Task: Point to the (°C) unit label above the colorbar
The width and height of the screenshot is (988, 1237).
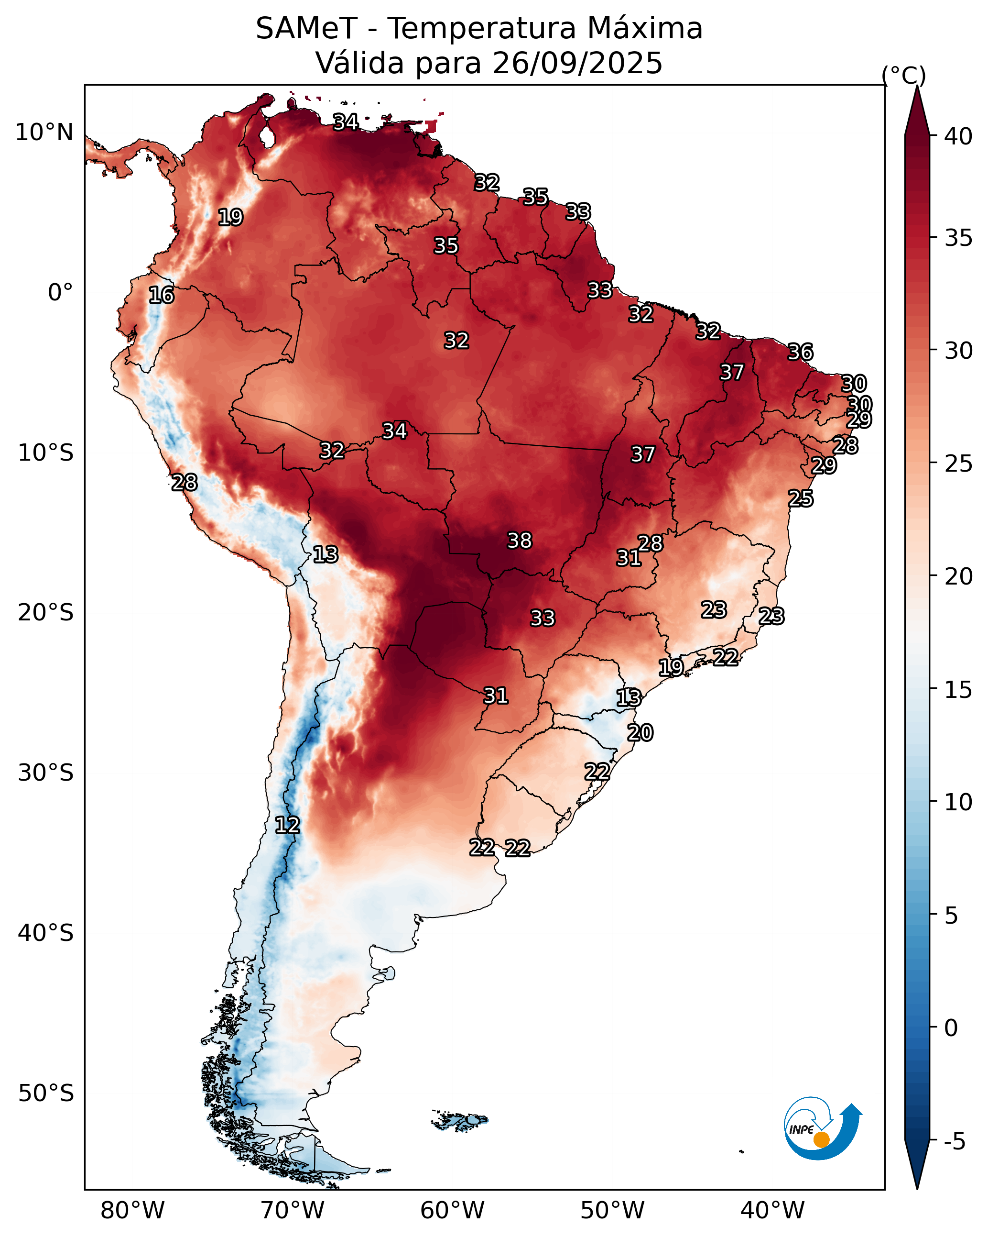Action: (x=903, y=76)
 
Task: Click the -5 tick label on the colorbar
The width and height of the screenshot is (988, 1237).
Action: (x=954, y=1142)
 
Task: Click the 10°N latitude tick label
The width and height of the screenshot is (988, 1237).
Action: (x=44, y=133)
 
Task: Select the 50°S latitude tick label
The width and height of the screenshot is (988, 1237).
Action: (x=46, y=1093)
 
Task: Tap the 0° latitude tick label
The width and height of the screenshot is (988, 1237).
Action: (x=60, y=293)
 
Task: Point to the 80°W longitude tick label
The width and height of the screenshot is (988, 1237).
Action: (x=132, y=1211)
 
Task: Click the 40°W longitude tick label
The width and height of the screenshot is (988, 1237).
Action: (x=772, y=1211)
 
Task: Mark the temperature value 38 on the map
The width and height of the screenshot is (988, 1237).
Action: (x=520, y=541)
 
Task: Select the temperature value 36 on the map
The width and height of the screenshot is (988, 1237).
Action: (x=800, y=352)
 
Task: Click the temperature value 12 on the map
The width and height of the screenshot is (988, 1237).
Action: (x=287, y=825)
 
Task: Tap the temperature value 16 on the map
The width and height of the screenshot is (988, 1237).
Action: (x=161, y=296)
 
